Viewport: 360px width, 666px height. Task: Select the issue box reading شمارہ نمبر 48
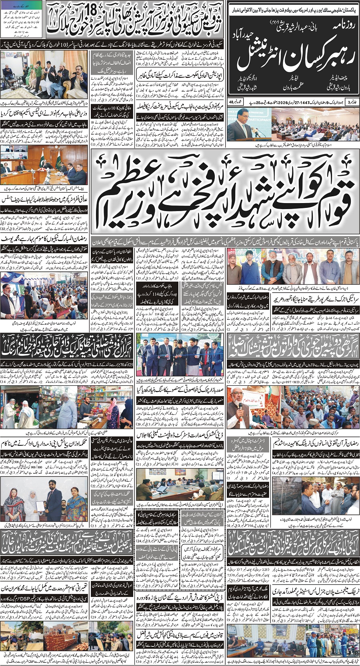(234, 102)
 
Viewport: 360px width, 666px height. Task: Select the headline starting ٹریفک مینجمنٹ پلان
(316, 591)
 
